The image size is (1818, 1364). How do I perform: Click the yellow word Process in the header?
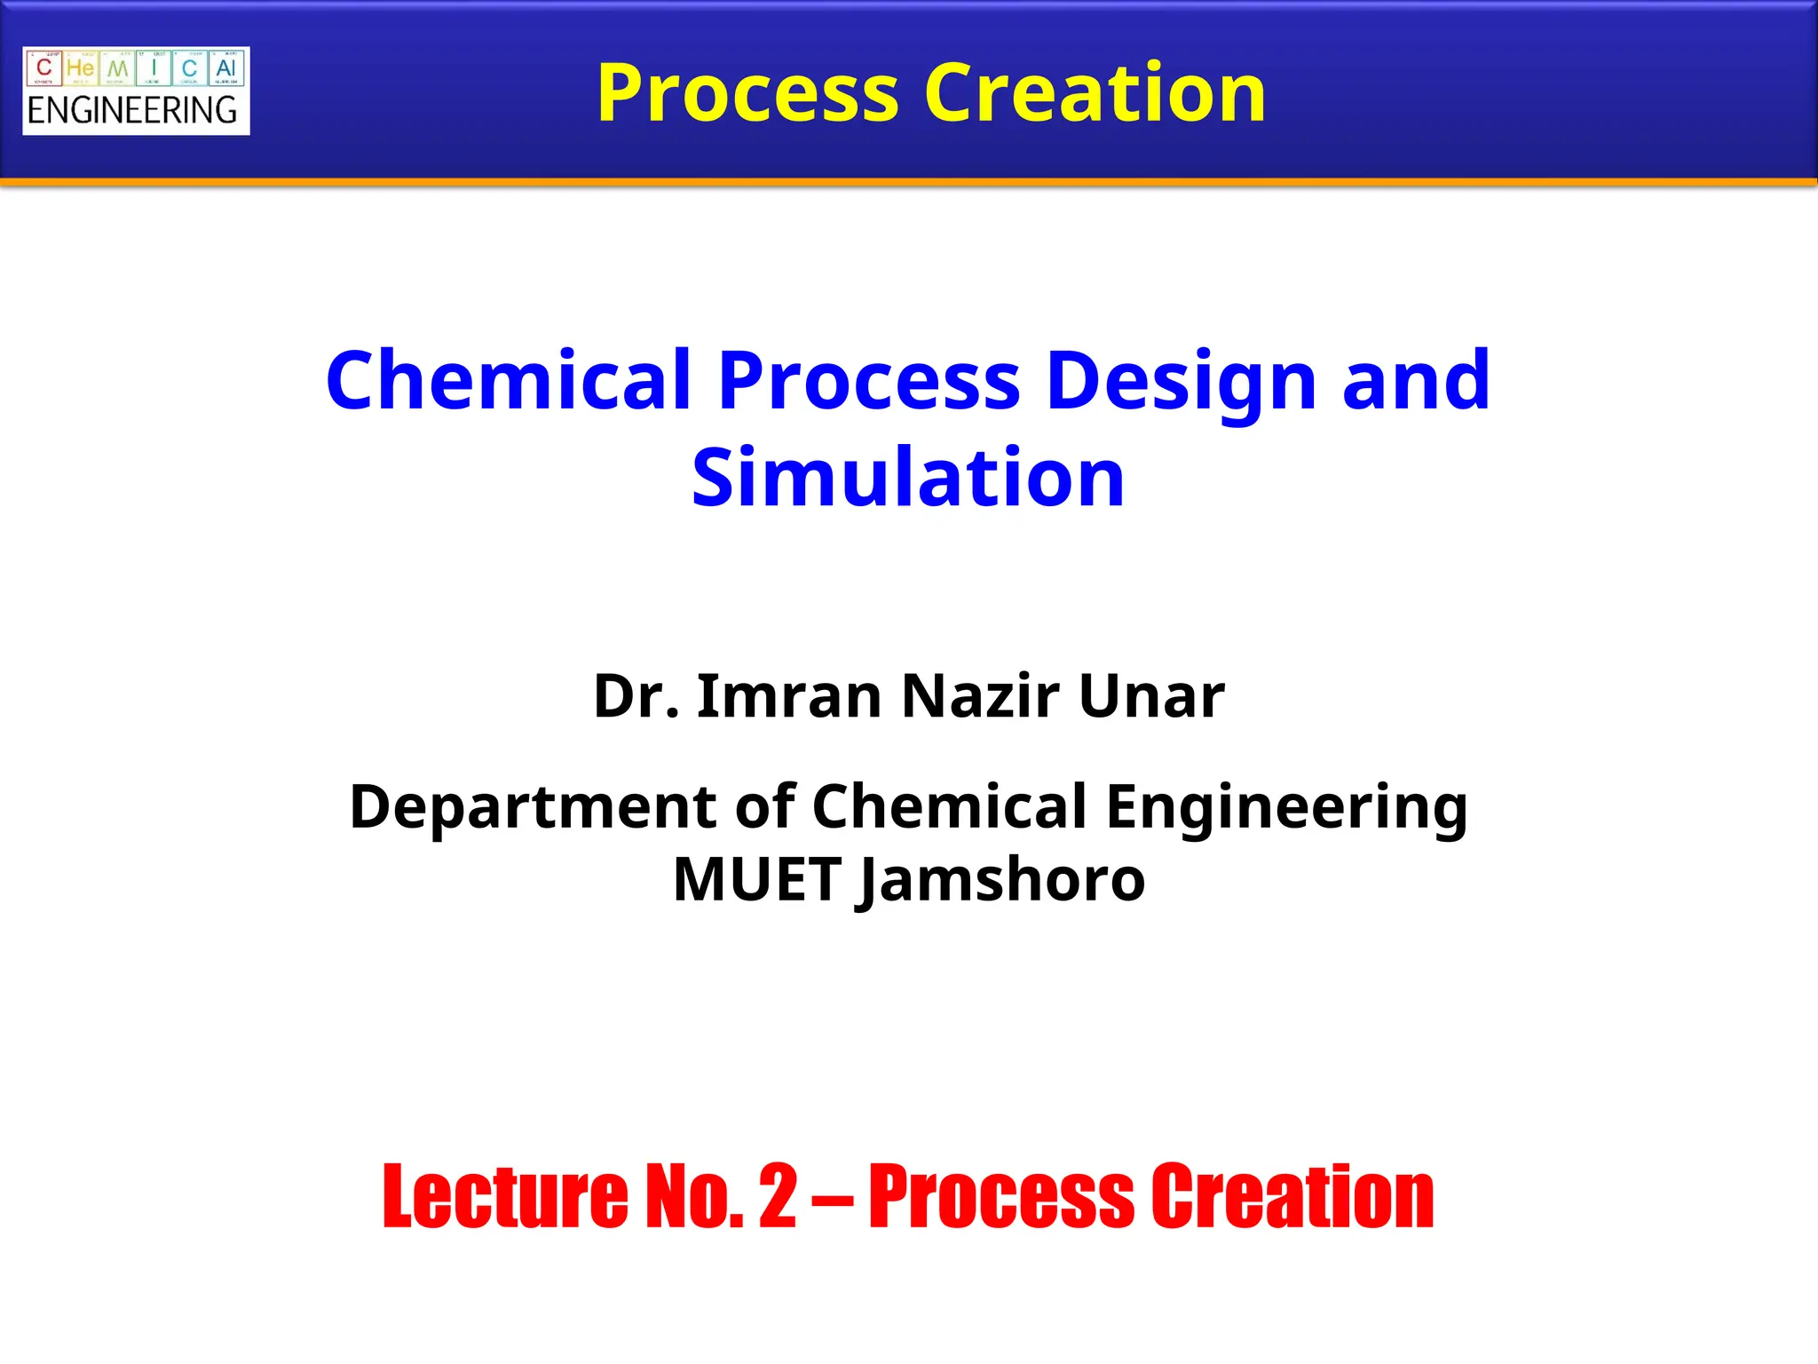click(747, 94)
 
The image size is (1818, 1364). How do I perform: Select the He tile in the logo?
click(80, 68)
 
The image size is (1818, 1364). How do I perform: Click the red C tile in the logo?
click(44, 68)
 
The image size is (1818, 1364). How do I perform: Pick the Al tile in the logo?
click(225, 68)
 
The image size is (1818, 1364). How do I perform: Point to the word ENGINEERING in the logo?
click(132, 111)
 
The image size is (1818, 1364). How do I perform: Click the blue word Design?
click(1181, 382)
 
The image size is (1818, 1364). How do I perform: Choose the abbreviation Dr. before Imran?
click(636, 696)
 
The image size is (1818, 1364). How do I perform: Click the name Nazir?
click(980, 696)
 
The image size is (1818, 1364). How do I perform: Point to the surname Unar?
click(1151, 696)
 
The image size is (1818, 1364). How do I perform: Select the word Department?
click(533, 808)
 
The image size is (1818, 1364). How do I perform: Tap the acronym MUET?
click(756, 881)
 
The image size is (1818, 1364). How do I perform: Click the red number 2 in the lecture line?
click(778, 1197)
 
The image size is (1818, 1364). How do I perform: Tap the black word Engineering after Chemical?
click(1286, 808)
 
